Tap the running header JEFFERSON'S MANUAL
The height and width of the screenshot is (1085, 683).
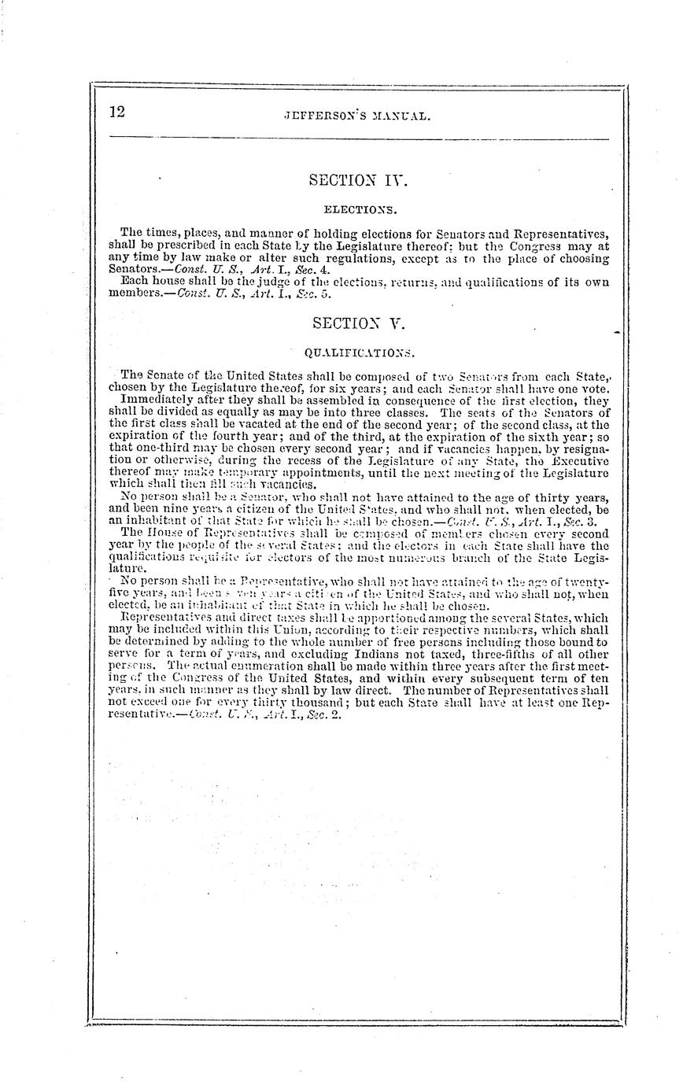358,116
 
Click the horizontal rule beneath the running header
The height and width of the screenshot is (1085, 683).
358,138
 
